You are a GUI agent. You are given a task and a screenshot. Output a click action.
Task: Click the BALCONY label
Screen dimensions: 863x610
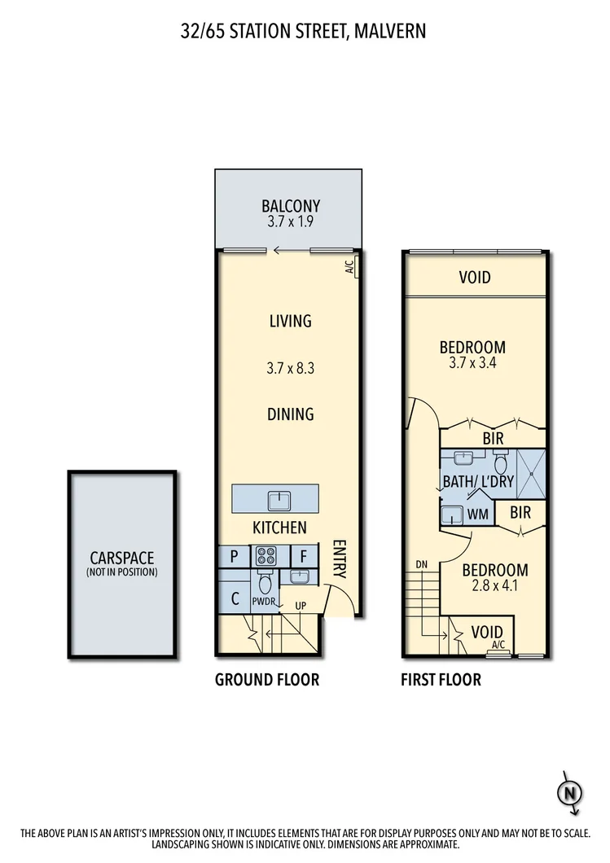290,206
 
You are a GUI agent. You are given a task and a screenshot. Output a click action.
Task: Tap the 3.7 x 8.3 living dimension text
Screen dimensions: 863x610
290,368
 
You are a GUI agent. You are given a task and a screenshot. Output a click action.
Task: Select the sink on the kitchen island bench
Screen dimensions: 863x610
275,498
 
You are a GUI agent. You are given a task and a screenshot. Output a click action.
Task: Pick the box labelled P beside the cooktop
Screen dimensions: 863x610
235,557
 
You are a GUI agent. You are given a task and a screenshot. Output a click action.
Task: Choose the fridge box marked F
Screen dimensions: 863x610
303,557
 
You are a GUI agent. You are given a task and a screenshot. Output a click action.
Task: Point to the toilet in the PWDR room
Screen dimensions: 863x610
264,583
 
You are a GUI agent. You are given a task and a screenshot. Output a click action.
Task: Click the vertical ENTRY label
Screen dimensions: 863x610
340,560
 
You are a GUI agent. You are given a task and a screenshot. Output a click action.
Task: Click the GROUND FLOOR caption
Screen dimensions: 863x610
267,680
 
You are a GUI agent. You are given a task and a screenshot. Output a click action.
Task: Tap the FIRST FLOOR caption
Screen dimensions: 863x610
441,680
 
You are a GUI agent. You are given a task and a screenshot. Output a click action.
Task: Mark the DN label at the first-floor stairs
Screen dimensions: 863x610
421,564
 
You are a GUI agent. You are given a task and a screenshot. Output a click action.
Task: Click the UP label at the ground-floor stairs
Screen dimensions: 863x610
301,607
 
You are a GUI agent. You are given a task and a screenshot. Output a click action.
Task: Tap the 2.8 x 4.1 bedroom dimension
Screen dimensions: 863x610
495,585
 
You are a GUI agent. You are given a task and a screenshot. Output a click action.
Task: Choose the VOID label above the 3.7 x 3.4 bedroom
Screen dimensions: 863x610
475,278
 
